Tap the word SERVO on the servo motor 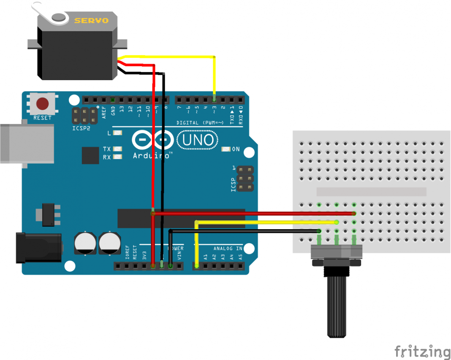click(x=91, y=20)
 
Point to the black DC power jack click(x=38, y=247)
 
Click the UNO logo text click(x=198, y=140)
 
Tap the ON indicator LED click(x=226, y=149)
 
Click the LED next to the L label click(x=117, y=133)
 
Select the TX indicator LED click(x=117, y=149)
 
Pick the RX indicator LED click(x=117, y=157)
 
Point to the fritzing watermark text click(x=422, y=351)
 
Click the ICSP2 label click(x=81, y=128)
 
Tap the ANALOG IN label click(x=228, y=249)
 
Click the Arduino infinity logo click(x=153, y=139)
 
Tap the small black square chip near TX click(x=90, y=155)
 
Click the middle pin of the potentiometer click(x=337, y=240)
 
